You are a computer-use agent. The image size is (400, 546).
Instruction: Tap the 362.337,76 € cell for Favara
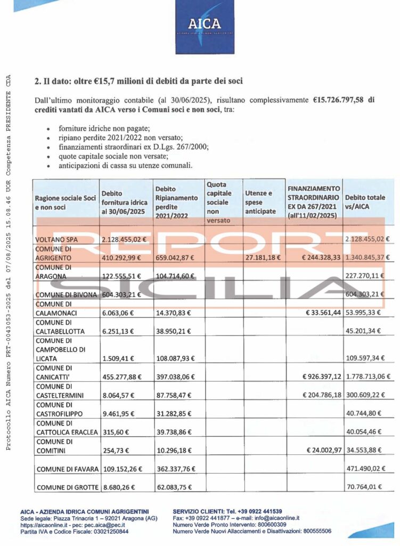[x=175, y=469]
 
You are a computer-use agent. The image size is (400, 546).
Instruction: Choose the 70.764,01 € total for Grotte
[x=368, y=487]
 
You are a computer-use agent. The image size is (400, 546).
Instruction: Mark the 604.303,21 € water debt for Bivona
[x=124, y=294]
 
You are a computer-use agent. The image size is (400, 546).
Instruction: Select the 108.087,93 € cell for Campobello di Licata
[x=175, y=357]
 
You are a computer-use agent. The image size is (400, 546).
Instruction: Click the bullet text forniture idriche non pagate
[x=96, y=129]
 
